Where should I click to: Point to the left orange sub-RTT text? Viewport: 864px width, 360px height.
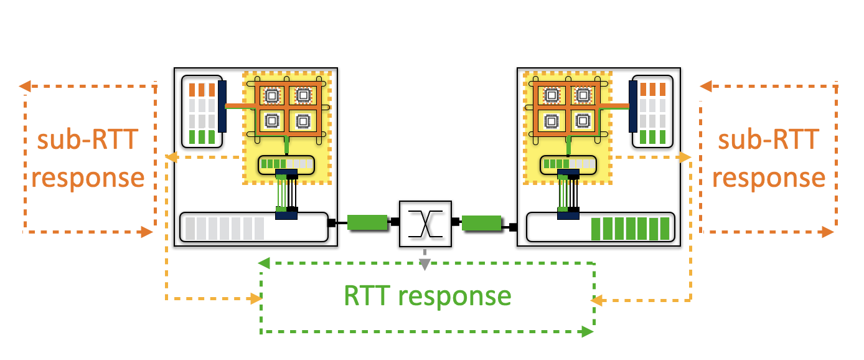[87, 141]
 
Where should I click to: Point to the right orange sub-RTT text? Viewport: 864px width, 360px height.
[768, 141]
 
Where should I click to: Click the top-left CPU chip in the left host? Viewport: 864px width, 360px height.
[271, 95]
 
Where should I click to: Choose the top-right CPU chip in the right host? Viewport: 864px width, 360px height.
[583, 95]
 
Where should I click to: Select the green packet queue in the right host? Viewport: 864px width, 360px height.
[630, 228]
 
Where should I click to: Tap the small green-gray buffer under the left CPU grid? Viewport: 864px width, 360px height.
[286, 164]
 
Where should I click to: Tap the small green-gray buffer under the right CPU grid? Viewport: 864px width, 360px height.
[566, 164]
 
